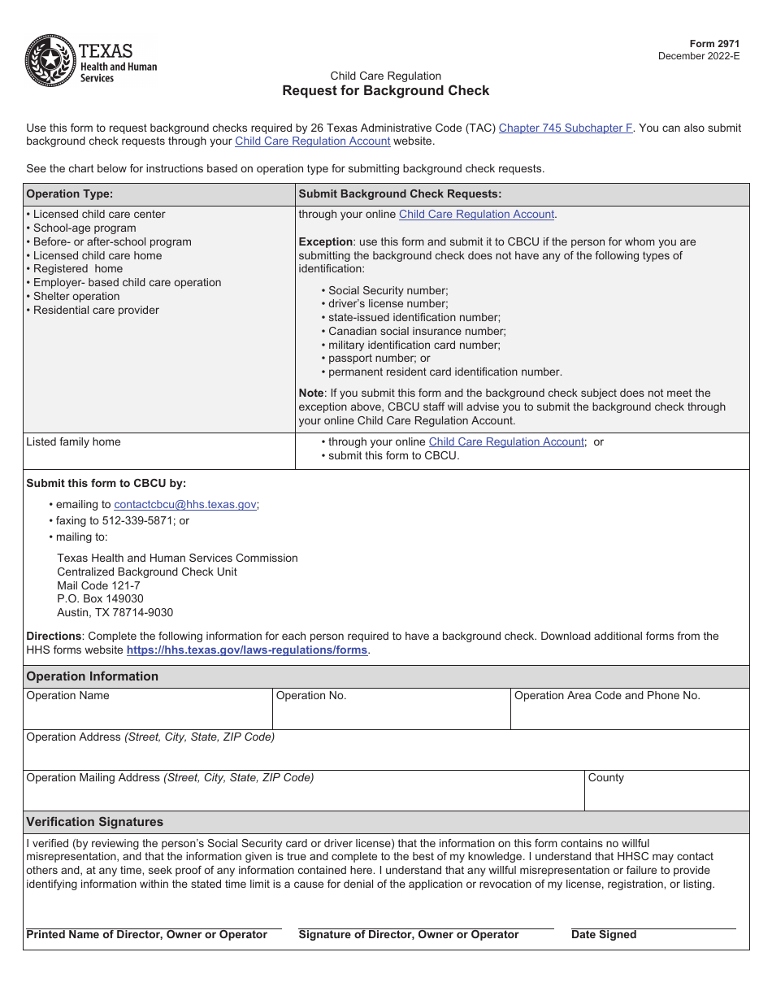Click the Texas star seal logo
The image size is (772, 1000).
point(50,60)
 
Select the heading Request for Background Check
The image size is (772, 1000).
point(385,90)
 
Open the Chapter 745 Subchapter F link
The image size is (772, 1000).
point(565,128)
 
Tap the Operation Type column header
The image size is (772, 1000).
point(70,194)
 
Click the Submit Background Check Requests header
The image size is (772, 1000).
point(400,194)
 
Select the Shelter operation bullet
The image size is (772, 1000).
point(73,297)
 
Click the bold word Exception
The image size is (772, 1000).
point(325,242)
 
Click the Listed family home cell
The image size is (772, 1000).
point(73,442)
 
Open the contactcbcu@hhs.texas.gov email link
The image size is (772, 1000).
point(185,505)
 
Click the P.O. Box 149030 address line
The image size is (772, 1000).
point(100,599)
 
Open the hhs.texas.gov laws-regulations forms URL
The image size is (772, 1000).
point(247,650)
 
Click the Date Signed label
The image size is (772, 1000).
point(604,935)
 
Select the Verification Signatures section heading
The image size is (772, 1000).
point(95,822)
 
